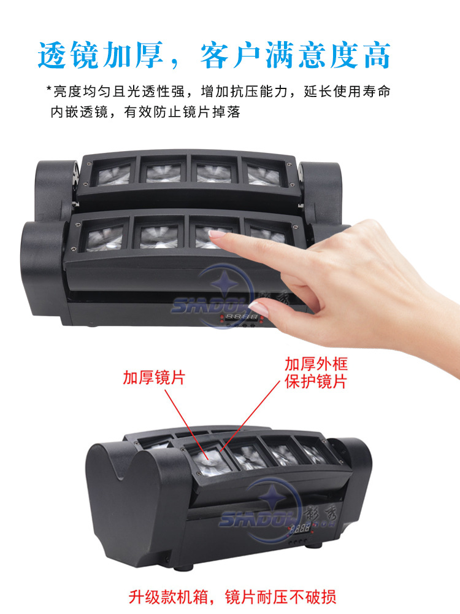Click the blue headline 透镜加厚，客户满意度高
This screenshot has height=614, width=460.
[x=214, y=56]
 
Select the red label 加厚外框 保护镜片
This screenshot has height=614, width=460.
[x=315, y=373]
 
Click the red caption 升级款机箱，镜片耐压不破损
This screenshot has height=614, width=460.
[x=232, y=596]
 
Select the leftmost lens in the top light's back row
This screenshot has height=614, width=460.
[x=114, y=172]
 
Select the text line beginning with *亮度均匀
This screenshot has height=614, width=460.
[x=218, y=92]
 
